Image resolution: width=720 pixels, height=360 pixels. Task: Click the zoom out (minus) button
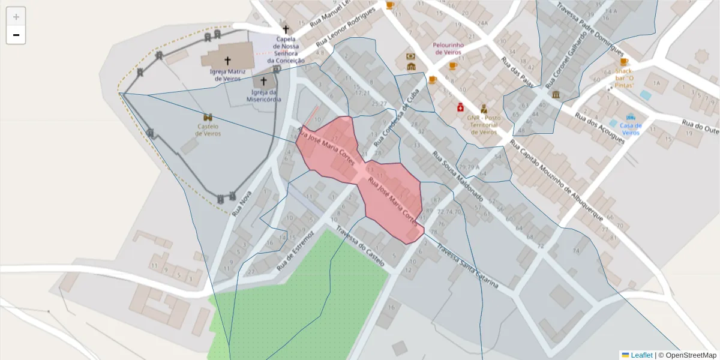click(x=16, y=35)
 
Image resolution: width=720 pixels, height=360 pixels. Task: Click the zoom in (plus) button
click(x=16, y=16)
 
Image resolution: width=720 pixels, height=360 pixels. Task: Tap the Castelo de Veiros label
click(x=208, y=130)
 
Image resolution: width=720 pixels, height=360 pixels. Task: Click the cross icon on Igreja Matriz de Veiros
click(x=227, y=61)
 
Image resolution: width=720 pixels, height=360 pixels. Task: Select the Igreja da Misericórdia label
click(x=263, y=96)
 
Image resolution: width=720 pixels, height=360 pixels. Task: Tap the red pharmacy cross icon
click(x=460, y=107)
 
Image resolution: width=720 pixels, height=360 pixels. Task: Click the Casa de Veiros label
click(x=631, y=129)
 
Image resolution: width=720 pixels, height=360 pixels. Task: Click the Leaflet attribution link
click(x=641, y=355)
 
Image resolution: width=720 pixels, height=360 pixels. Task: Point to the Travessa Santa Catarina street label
click(x=467, y=265)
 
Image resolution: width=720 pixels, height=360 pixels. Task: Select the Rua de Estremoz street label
click(x=295, y=251)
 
